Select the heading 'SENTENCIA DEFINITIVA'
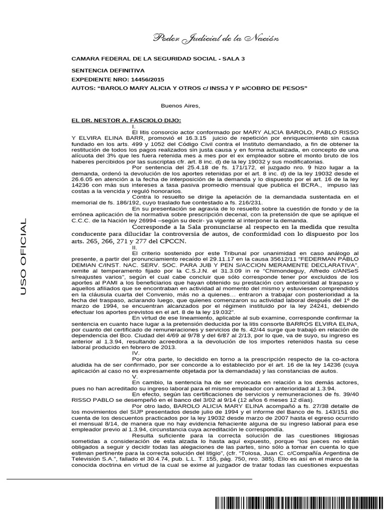tap(108, 71)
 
